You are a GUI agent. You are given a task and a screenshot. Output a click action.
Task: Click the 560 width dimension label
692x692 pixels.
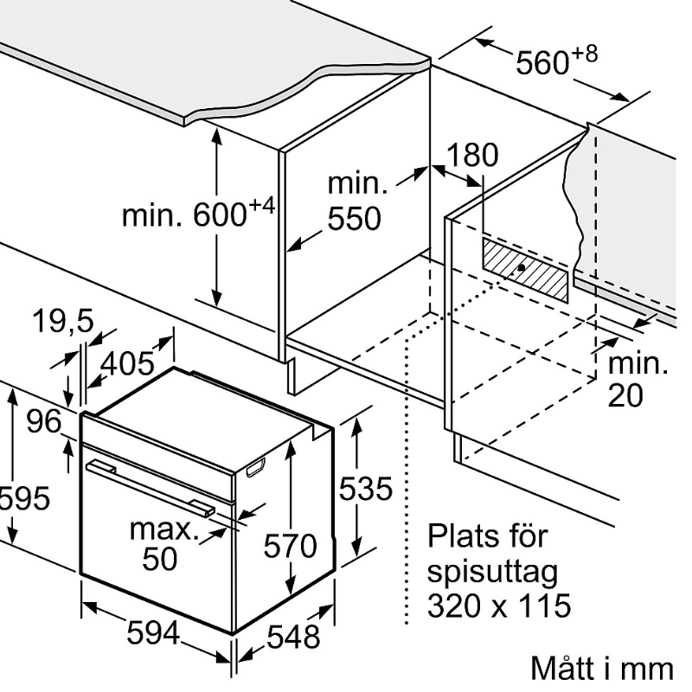coord(554,62)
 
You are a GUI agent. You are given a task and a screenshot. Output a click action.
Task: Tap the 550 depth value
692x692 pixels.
coord(354,219)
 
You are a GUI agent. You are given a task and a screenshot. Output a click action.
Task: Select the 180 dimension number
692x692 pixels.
coord(473,155)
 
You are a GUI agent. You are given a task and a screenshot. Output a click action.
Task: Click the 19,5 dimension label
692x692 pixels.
coord(62,322)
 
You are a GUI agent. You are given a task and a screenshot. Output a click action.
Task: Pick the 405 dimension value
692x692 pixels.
coord(128,363)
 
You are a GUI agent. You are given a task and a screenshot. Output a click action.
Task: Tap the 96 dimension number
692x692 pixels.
coord(42,422)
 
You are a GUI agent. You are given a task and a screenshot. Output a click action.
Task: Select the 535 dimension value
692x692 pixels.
coord(365,489)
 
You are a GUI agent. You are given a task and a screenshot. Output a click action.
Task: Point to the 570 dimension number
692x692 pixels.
coord(291,546)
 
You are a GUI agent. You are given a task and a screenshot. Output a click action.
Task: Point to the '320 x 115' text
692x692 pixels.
coord(499,605)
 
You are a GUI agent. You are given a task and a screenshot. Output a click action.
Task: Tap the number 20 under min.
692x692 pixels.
coord(625,395)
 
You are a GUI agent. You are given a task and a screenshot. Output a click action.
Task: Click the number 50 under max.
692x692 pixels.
coord(159,559)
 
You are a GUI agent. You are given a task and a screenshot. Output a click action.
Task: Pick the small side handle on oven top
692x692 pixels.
coord(256,468)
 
